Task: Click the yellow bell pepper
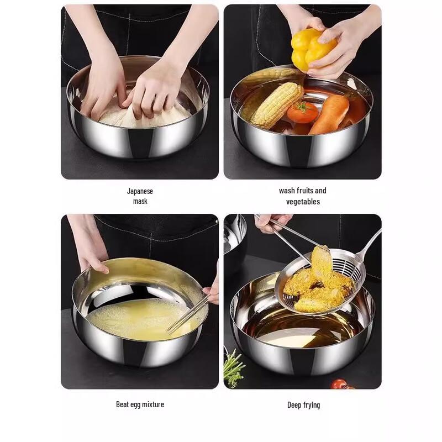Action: pos(312,49)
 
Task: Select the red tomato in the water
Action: pos(302,112)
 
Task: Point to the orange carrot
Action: pos(329,114)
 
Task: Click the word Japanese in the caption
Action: pos(140,191)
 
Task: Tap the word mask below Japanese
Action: pos(140,202)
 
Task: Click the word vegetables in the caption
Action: pos(303,202)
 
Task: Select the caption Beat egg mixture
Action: pos(140,404)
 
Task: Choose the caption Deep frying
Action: pos(303,405)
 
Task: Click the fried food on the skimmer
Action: pos(318,282)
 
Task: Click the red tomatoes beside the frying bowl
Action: pos(339,383)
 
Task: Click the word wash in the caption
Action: pos(287,191)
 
